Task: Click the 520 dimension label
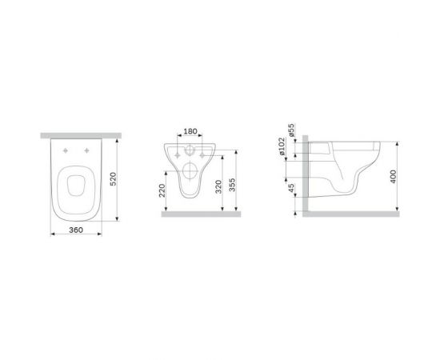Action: coord(124,178)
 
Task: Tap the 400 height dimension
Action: coord(394,176)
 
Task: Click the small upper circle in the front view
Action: coord(190,151)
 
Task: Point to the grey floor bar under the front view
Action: coord(201,214)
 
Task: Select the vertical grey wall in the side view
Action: coord(302,172)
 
